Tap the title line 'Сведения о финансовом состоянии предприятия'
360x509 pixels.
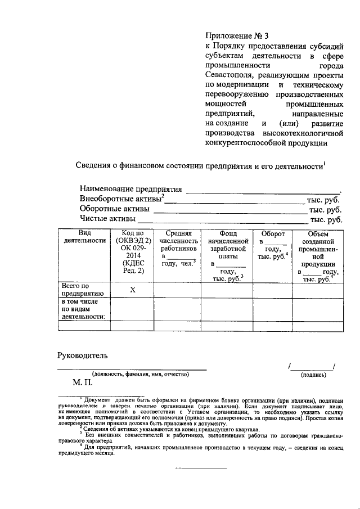point(200,166)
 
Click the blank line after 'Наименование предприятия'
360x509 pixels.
point(263,190)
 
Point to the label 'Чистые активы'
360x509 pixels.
point(107,219)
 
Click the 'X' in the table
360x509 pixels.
point(133,290)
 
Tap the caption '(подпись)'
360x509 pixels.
point(313,374)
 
